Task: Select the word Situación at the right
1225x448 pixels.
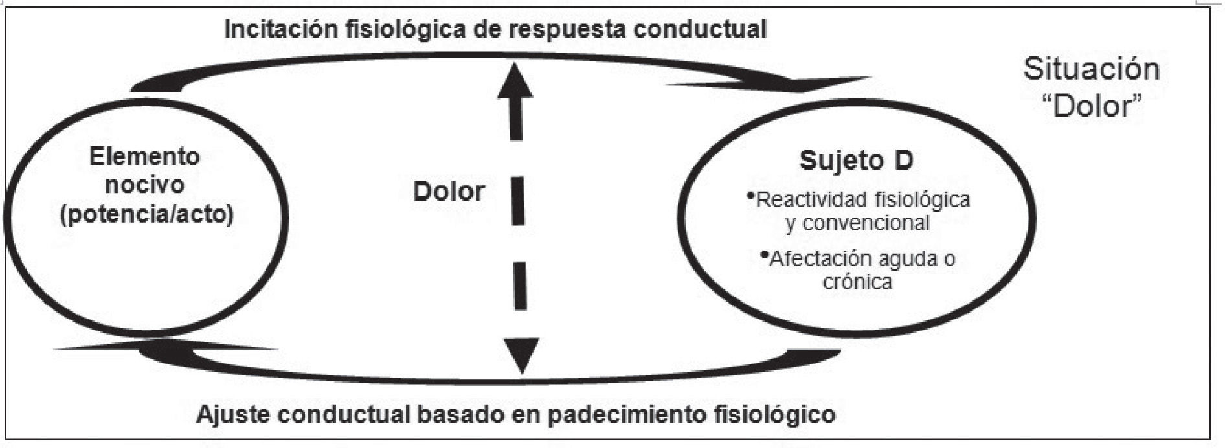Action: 1091,69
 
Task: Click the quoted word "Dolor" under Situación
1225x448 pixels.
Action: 1092,106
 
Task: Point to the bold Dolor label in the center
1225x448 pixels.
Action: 449,192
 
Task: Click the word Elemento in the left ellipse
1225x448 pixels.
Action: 145,157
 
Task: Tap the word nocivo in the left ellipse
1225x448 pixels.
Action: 145,185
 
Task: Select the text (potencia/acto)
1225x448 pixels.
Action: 146,214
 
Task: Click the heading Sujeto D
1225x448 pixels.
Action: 856,160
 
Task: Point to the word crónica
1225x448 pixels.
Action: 857,282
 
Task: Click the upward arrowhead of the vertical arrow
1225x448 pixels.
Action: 515,81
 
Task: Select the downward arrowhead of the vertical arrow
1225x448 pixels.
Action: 521,355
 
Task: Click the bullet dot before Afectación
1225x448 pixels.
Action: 765,254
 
